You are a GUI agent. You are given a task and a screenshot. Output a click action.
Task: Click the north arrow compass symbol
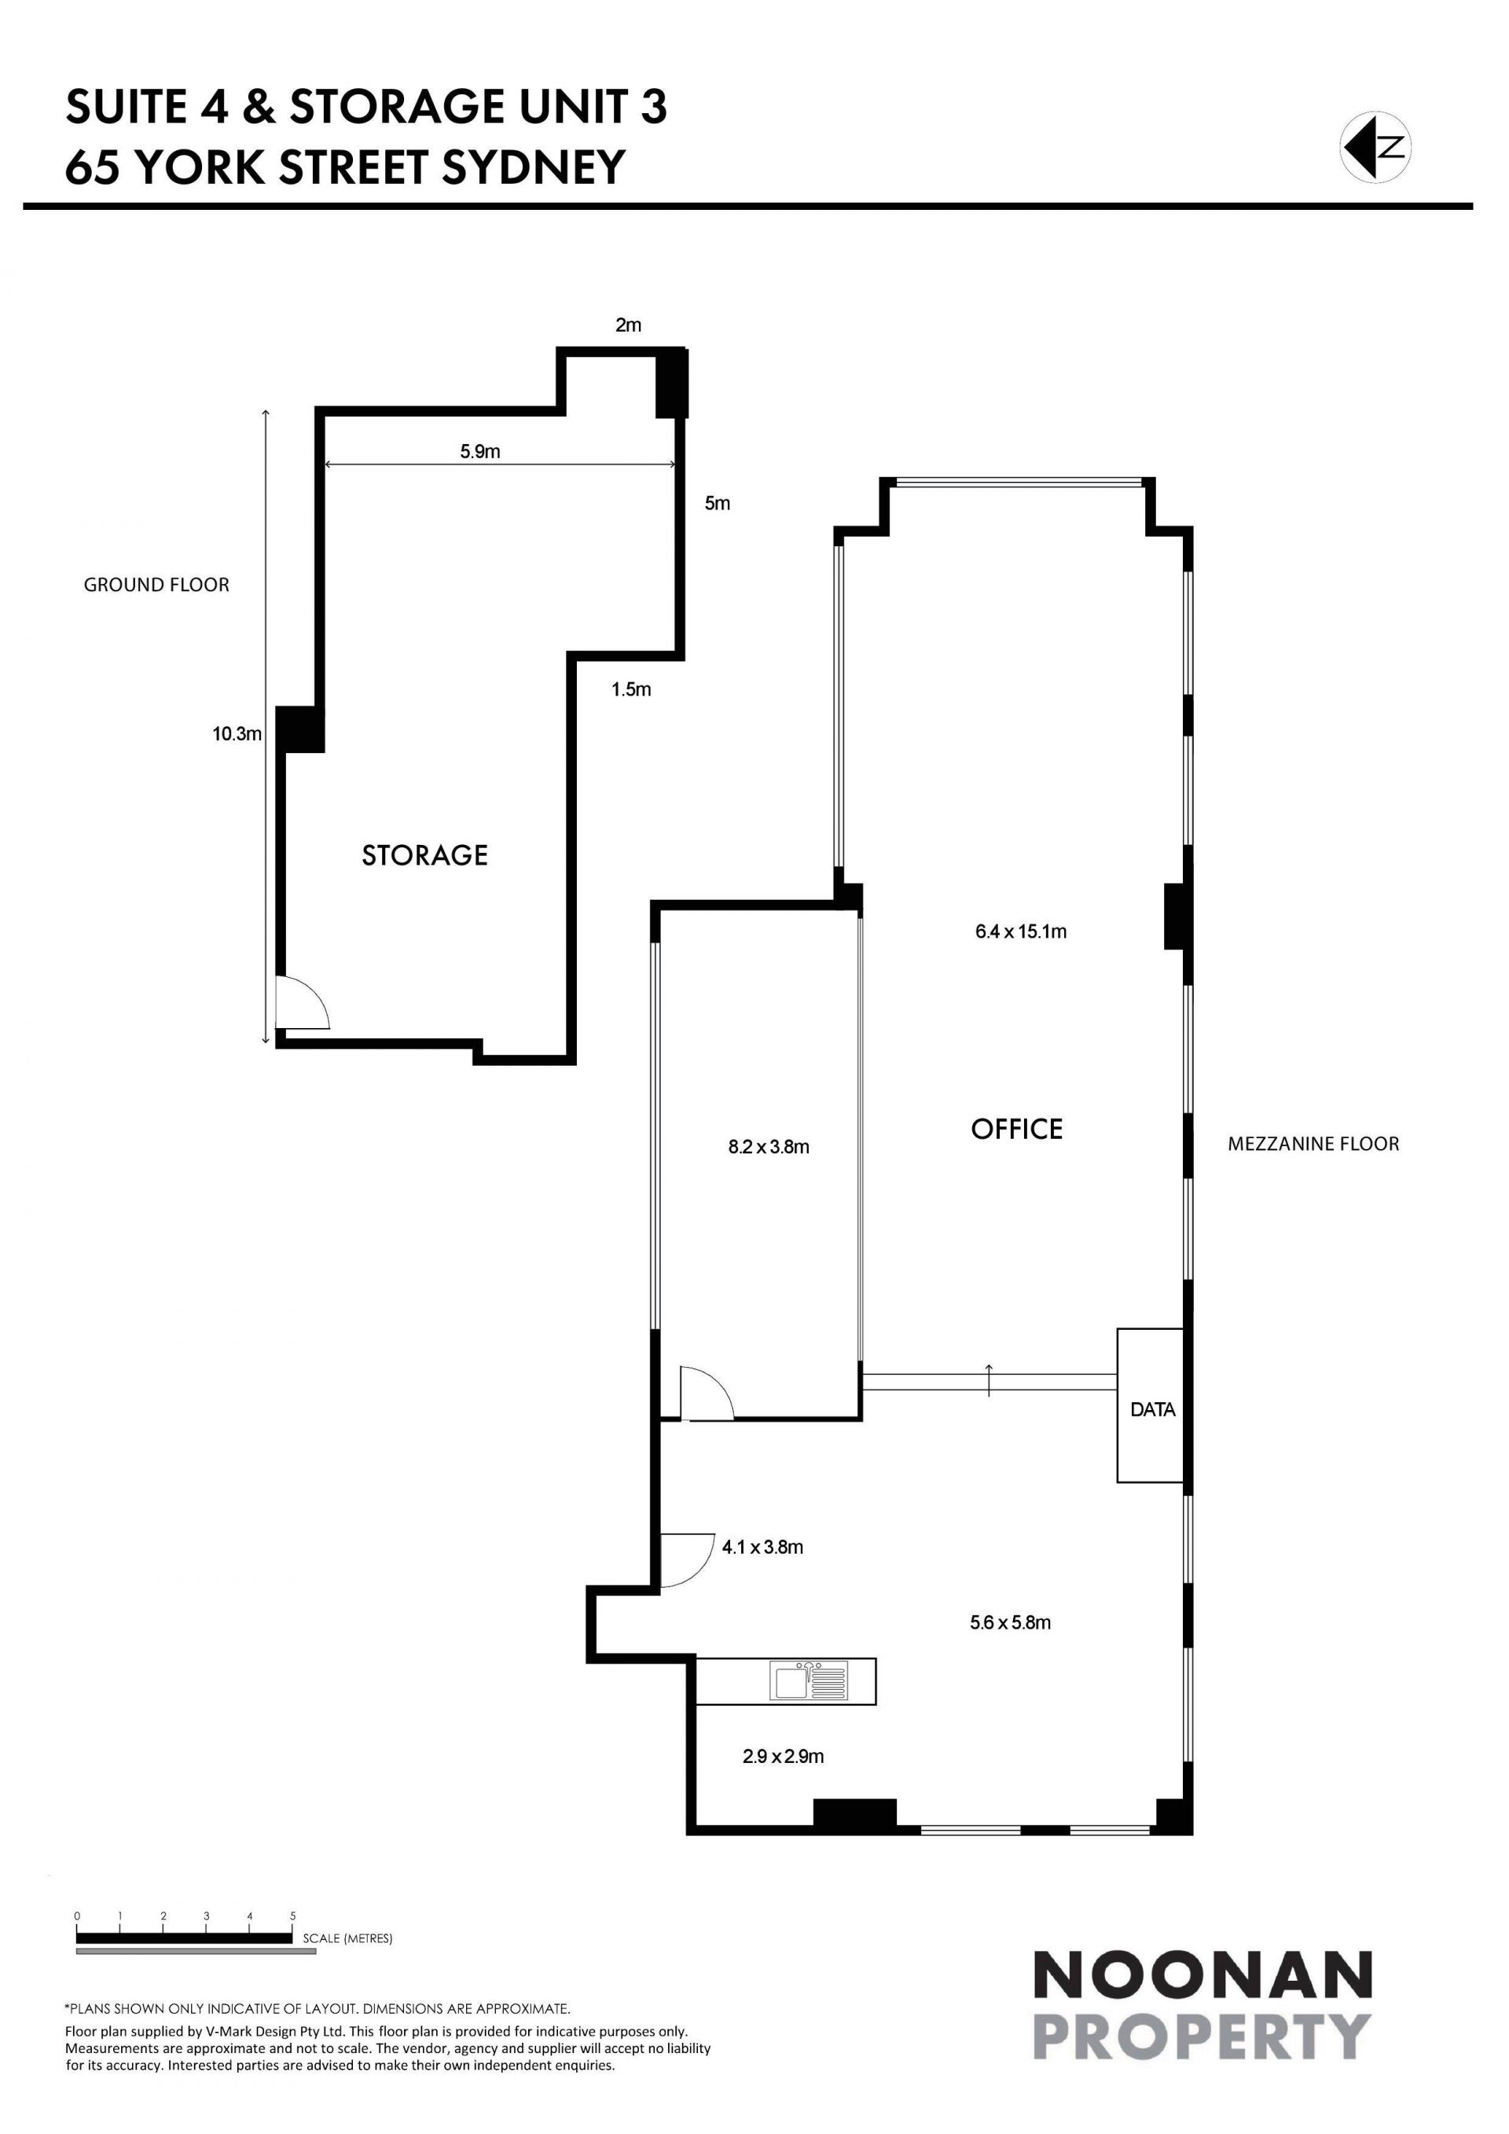click(x=1375, y=147)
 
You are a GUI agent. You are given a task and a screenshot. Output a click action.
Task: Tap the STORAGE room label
click(x=424, y=855)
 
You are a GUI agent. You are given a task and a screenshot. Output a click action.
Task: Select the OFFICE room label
click(x=1016, y=1129)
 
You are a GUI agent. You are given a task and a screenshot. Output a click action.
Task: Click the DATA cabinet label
click(x=1153, y=1409)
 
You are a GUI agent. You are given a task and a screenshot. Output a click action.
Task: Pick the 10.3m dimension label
click(x=237, y=733)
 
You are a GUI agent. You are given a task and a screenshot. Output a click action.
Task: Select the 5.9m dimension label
click(x=480, y=452)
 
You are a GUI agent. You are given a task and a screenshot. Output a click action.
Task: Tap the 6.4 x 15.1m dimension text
click(x=1021, y=931)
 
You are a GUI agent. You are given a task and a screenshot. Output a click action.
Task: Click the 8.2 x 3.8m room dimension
click(x=769, y=1147)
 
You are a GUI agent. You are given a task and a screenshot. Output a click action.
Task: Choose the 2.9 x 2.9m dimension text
click(x=784, y=1756)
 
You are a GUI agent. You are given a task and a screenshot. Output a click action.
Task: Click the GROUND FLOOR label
click(x=156, y=585)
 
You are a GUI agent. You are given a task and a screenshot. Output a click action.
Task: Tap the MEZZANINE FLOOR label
click(x=1313, y=1144)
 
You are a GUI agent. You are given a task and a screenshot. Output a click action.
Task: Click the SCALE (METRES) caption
click(x=347, y=1939)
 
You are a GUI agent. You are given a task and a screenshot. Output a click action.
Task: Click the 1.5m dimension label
click(x=631, y=689)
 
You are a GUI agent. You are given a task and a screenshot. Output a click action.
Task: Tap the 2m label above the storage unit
click(x=628, y=325)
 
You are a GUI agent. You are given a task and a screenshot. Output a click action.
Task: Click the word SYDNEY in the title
click(x=534, y=167)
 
